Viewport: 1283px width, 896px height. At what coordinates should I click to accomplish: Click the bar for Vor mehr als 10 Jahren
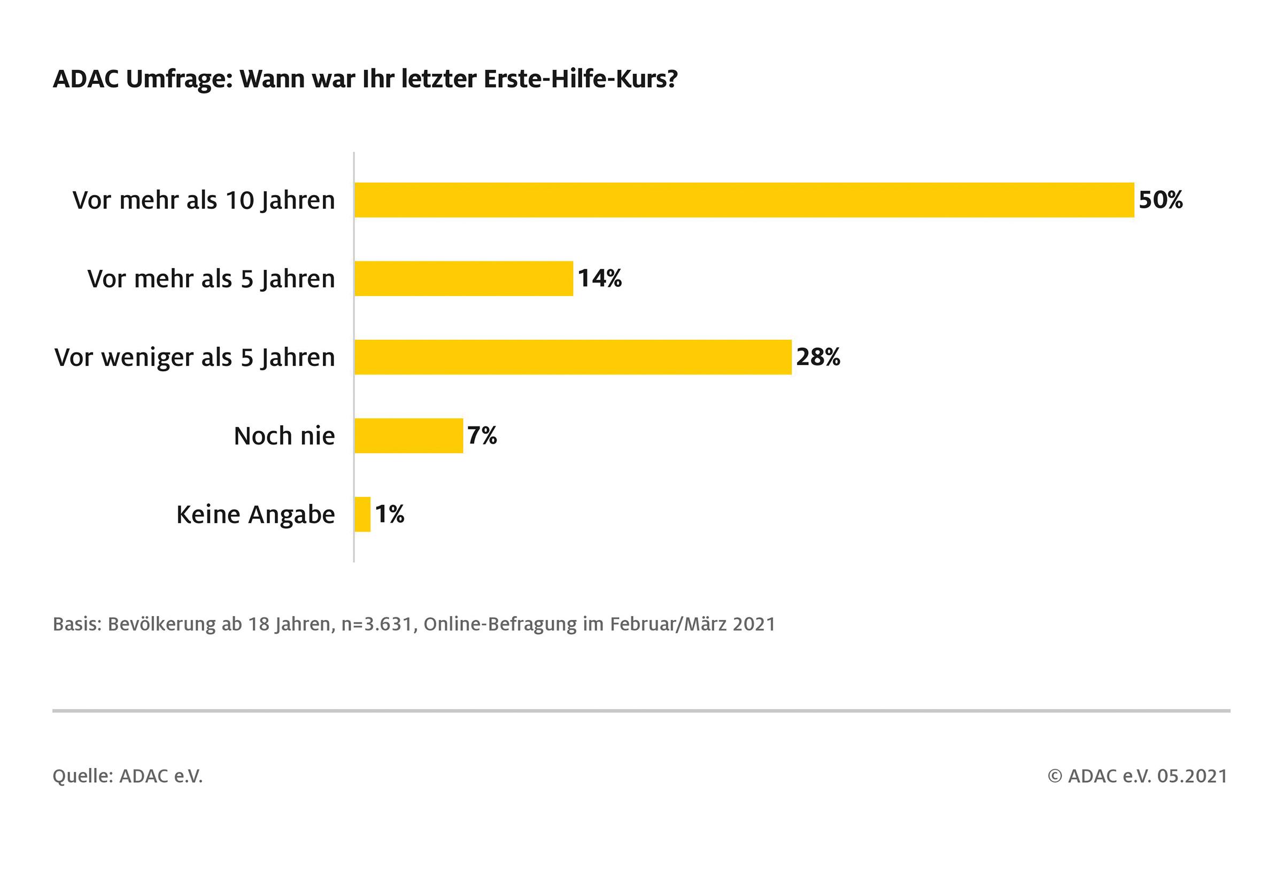pyautogui.click(x=744, y=200)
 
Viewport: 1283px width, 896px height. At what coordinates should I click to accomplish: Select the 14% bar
pyautogui.click(x=464, y=278)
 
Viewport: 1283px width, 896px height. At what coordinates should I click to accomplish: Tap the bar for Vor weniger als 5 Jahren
pyautogui.click(x=573, y=357)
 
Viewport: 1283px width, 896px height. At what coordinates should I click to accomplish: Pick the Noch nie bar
pyautogui.click(x=408, y=435)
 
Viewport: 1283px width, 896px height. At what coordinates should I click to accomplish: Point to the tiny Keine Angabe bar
pyautogui.click(x=362, y=514)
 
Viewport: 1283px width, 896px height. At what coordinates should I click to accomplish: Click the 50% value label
pyautogui.click(x=1161, y=200)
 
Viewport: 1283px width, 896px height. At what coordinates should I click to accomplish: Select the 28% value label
pyautogui.click(x=818, y=357)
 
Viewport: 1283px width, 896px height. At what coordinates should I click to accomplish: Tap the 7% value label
pyautogui.click(x=482, y=435)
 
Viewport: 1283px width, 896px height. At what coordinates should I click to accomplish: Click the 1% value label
pyautogui.click(x=390, y=514)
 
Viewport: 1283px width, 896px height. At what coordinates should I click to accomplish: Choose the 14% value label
pyautogui.click(x=600, y=278)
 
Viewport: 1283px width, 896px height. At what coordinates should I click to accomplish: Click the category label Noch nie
pyautogui.click(x=284, y=435)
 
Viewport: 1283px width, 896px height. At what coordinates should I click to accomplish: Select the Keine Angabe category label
pyautogui.click(x=256, y=515)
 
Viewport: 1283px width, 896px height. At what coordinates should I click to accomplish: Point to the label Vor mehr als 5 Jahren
pyautogui.click(x=211, y=279)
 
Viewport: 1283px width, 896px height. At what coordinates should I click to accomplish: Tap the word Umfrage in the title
pyautogui.click(x=178, y=79)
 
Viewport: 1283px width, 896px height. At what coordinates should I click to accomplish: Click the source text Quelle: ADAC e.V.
pyautogui.click(x=127, y=776)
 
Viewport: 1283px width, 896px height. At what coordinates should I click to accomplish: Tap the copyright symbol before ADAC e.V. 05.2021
pyautogui.click(x=1054, y=776)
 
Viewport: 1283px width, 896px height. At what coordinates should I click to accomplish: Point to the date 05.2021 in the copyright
pyautogui.click(x=1192, y=776)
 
